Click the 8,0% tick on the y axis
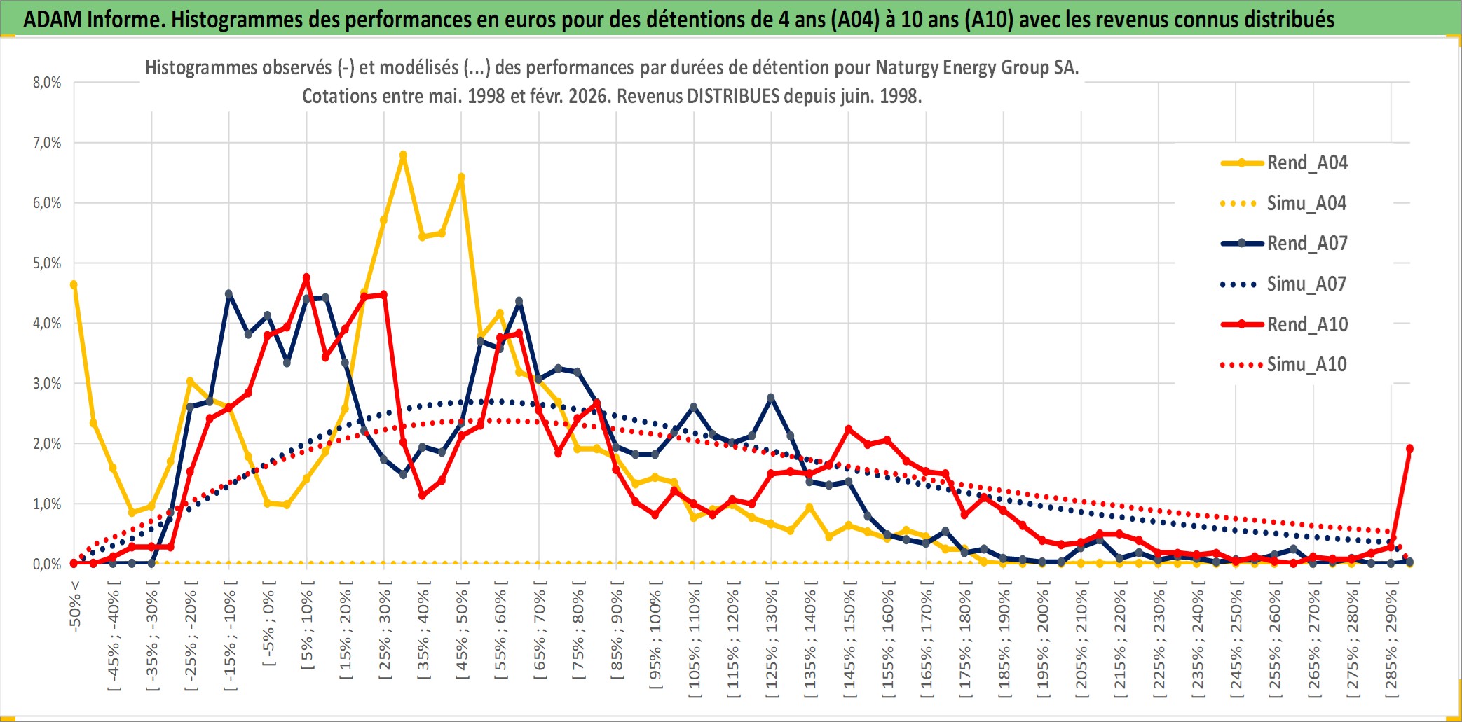click(47, 83)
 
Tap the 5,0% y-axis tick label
click(47, 263)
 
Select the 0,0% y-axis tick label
click(47, 564)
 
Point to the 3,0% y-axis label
click(47, 384)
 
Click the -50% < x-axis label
click(75, 606)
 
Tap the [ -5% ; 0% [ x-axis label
click(268, 627)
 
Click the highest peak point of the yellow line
click(403, 155)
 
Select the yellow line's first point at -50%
click(74, 285)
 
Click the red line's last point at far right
click(1409, 449)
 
